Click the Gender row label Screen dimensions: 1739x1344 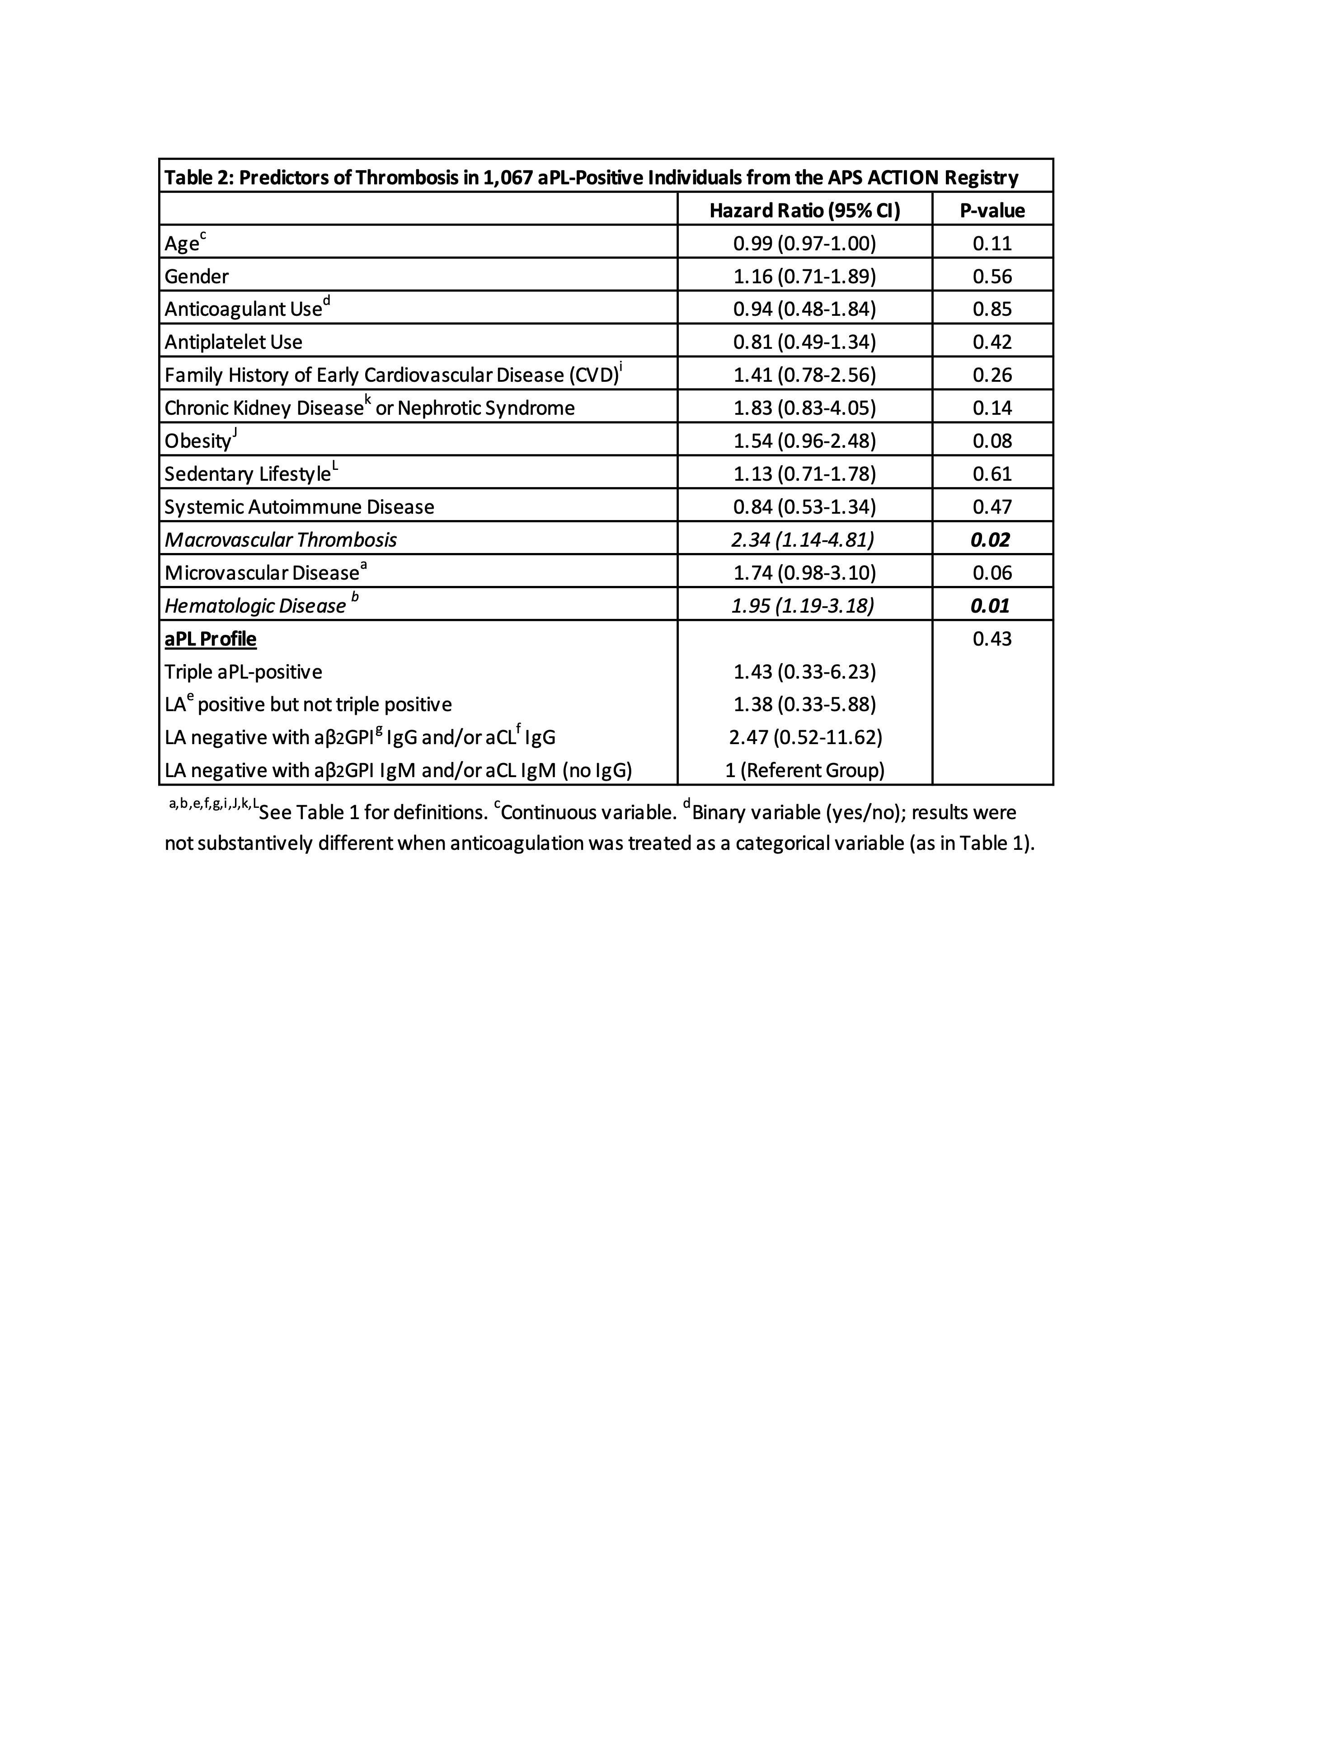click(x=197, y=277)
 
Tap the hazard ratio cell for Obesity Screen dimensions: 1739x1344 click(x=804, y=441)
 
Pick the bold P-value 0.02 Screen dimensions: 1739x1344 click(x=991, y=540)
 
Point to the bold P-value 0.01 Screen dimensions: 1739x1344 click(x=991, y=606)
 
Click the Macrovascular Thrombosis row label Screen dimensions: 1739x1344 click(x=280, y=540)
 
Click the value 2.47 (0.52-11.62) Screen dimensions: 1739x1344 click(x=805, y=737)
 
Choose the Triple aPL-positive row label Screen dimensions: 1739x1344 click(x=243, y=672)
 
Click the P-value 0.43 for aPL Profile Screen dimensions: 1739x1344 click(x=992, y=638)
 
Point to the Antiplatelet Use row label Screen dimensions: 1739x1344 click(x=233, y=342)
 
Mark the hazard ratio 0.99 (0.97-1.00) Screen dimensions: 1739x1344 click(x=804, y=244)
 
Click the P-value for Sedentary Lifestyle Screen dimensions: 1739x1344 click(x=992, y=474)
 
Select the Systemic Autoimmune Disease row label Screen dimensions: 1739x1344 click(x=299, y=507)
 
